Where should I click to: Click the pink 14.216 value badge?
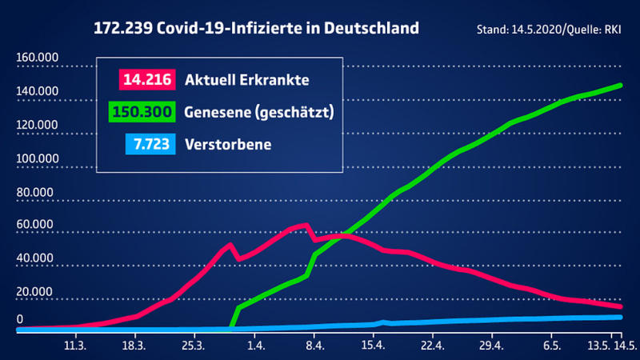[x=147, y=80]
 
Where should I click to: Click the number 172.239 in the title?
[x=127, y=29]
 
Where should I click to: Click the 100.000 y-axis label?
[x=36, y=159]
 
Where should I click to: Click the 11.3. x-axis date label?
[x=74, y=346]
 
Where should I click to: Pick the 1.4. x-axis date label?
[x=256, y=346]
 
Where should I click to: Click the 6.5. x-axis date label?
[x=551, y=346]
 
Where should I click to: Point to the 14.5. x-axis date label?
[x=625, y=346]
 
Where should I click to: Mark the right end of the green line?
[x=621, y=85]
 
